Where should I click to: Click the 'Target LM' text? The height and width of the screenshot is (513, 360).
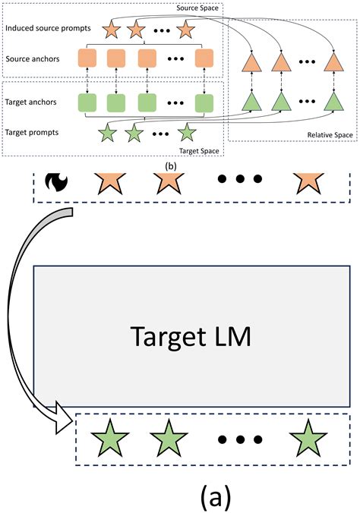191,335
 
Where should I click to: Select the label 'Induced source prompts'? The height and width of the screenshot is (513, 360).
47,30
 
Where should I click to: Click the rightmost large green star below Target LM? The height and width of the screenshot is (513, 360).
308,438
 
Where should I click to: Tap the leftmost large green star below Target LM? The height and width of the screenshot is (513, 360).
109,438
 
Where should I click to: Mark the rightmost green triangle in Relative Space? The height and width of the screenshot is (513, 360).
332,100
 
